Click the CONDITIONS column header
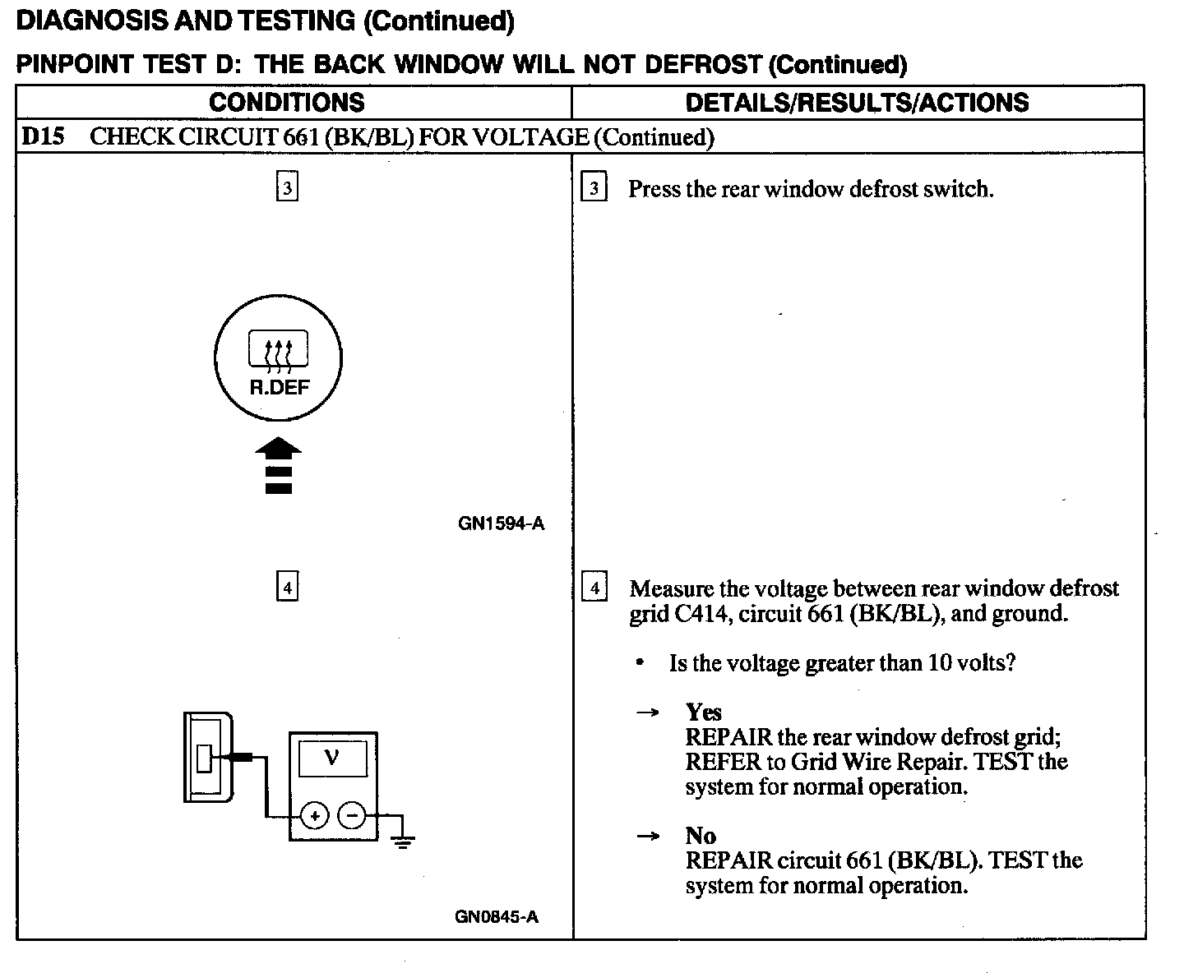[286, 102]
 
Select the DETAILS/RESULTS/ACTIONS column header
[857, 102]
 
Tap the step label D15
[42, 136]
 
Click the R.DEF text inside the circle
[278, 387]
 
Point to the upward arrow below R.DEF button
[278, 464]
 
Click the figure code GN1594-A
[501, 523]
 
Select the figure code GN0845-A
[497, 917]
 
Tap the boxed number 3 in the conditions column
[286, 188]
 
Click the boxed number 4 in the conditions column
[286, 588]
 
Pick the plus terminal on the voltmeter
[314, 816]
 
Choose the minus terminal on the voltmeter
[352, 816]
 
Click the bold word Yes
[703, 712]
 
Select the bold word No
[701, 836]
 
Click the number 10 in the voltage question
[939, 662]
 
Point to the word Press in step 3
[654, 189]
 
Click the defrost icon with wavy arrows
[278, 351]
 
